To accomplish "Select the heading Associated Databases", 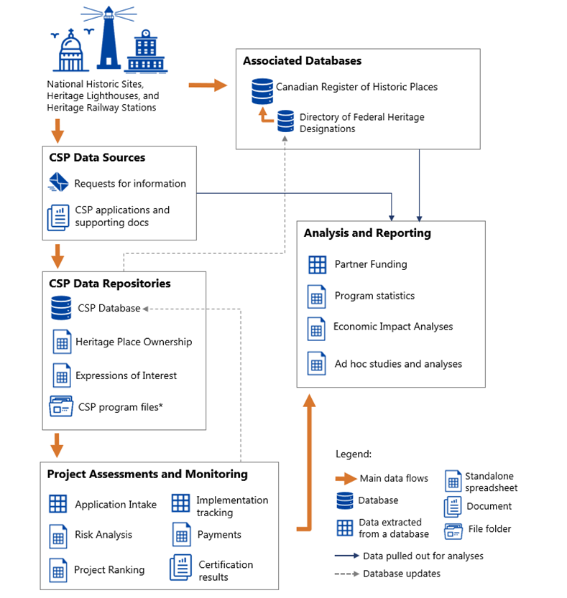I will coord(302,61).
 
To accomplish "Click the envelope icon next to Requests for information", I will coord(58,183).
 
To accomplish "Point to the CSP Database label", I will coord(109,308).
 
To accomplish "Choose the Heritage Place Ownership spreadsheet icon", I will coord(62,342).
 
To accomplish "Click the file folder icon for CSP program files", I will coord(61,406).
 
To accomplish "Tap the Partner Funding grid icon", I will coord(317,264).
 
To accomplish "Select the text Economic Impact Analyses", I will coord(393,327).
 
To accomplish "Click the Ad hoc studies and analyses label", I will coord(398,364).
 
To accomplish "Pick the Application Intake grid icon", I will coord(58,504).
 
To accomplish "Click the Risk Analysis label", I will coord(103,535).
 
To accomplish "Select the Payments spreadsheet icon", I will coord(180,535).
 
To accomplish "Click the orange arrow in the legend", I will coord(346,478).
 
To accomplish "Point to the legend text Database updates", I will coord(402,574).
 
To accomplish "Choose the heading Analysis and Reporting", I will coord(367,233).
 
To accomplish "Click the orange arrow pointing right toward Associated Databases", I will coord(208,86).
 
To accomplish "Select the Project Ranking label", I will coord(109,570).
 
